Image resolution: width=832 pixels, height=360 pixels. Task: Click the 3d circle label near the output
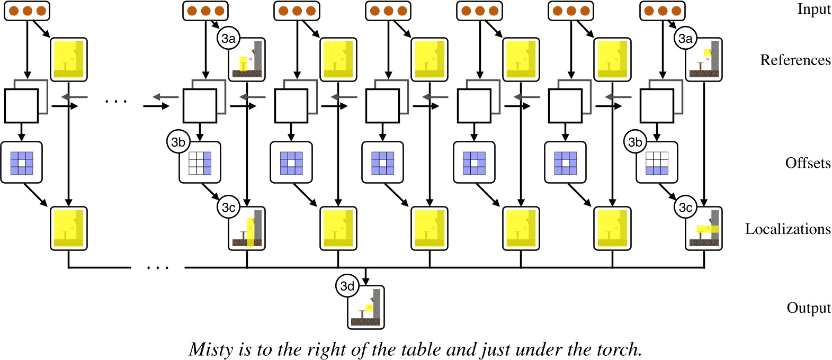[x=347, y=286]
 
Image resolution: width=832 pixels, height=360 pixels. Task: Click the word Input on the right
[x=814, y=9]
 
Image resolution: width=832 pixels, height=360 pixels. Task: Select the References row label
[x=795, y=60]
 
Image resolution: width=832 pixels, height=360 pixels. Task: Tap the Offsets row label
[x=808, y=163]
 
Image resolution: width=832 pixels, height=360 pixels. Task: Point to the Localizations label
[x=788, y=229]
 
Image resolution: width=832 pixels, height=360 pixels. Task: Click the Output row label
[x=808, y=308]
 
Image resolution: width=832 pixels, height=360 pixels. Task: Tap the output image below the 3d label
[x=366, y=308]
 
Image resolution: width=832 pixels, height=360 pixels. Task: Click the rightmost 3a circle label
[x=685, y=39]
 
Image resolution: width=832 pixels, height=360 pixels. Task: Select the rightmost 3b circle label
[x=635, y=142]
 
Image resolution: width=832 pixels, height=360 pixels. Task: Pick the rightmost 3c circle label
[x=685, y=208]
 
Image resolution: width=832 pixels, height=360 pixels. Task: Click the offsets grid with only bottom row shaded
[x=657, y=163]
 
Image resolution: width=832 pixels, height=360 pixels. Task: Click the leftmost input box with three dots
[x=26, y=11]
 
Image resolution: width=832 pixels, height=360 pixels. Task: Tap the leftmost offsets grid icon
[x=22, y=163]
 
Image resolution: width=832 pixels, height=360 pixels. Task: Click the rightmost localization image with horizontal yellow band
[x=704, y=229]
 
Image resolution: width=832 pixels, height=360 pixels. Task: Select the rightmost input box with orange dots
[x=663, y=11]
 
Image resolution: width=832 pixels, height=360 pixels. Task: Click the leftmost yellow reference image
[x=69, y=59]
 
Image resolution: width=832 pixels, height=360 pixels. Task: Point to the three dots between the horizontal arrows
[x=116, y=101]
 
